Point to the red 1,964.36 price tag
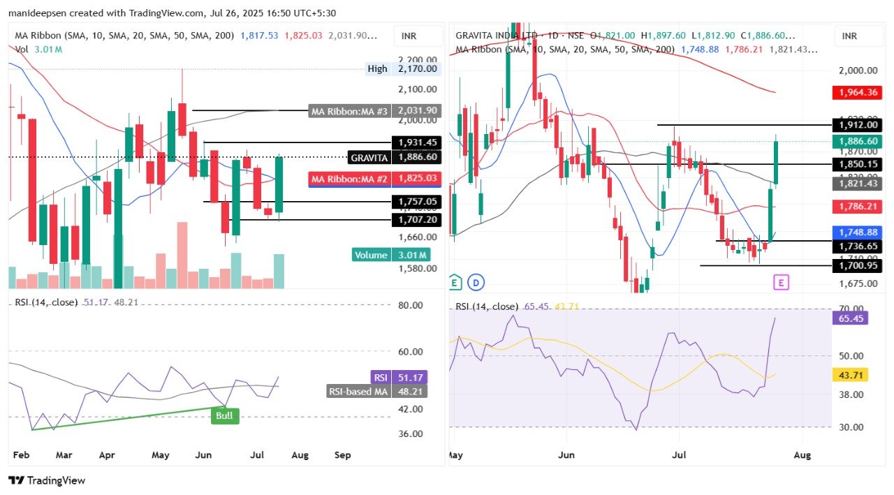[x=857, y=92]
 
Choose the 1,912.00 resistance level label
[x=857, y=125]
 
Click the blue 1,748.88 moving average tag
[x=857, y=232]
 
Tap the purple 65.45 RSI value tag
[x=850, y=318]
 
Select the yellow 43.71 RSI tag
[x=850, y=375]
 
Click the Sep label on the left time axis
[x=342, y=455]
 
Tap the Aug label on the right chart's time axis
[x=803, y=455]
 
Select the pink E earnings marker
[x=781, y=282]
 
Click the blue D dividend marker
[x=478, y=283]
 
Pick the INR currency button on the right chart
[x=850, y=36]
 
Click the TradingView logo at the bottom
[x=47, y=480]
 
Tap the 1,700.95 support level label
[x=857, y=265]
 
